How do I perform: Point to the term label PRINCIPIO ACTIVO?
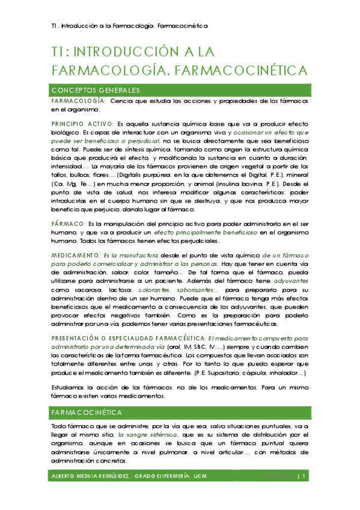click(x=82, y=123)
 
